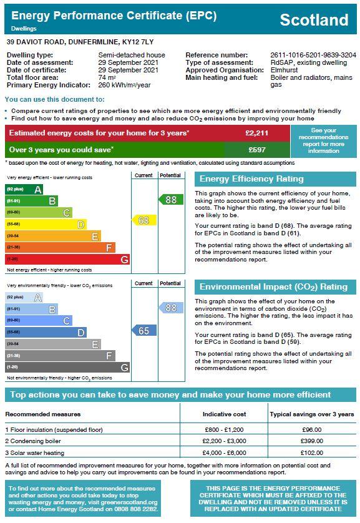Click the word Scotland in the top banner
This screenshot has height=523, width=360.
click(x=314, y=20)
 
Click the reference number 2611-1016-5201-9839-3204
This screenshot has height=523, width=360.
click(x=313, y=55)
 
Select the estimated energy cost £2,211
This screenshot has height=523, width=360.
click(x=256, y=133)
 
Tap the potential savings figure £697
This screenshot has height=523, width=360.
click(x=257, y=150)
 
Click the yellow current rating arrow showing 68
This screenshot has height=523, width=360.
click(x=144, y=220)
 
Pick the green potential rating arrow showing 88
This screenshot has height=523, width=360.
click(x=171, y=200)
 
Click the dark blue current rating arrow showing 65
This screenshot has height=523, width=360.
click(x=144, y=331)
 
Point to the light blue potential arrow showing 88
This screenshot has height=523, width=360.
click(x=171, y=308)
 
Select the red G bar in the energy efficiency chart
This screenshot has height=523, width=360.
click(x=67, y=259)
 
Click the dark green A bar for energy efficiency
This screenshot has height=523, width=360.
click(x=24, y=189)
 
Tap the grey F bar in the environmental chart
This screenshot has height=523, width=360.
click(x=60, y=356)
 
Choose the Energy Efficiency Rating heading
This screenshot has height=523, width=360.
click(x=251, y=179)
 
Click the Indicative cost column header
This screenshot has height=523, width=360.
click(x=225, y=414)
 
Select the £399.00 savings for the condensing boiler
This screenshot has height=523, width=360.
click(x=312, y=441)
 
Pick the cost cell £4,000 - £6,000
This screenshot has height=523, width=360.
click(x=225, y=452)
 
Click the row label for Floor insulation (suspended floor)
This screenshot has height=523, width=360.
click(x=54, y=429)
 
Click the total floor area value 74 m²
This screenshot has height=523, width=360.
click(x=107, y=78)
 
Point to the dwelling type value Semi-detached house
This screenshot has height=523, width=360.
click(x=132, y=55)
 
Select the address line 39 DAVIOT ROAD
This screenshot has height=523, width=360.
click(x=36, y=42)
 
